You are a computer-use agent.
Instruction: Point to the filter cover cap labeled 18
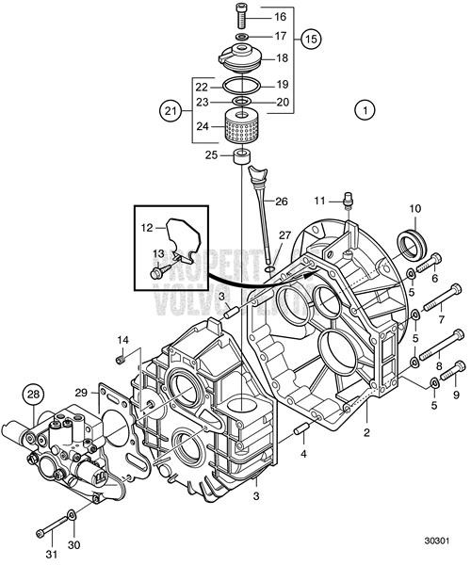click(x=240, y=56)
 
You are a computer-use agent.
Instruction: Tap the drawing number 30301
click(x=436, y=543)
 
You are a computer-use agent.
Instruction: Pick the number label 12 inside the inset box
click(x=147, y=229)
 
